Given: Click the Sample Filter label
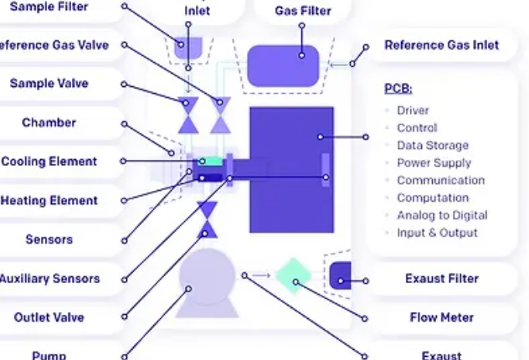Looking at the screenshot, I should [49, 6].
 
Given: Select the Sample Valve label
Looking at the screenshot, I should [49, 84].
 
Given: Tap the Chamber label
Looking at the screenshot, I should [49, 123].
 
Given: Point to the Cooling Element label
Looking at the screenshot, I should [49, 162].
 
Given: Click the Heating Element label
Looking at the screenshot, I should [49, 201].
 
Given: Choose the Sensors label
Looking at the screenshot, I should [49, 239].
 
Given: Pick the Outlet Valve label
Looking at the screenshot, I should [49, 317].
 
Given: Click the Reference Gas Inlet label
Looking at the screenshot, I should [441, 45].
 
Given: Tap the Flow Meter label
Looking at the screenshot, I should [441, 317].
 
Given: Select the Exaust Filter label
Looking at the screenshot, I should [441, 279].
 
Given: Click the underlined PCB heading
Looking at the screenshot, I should [398, 89].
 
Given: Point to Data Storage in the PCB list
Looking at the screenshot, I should [432, 146].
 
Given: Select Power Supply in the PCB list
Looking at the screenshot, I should [434, 163].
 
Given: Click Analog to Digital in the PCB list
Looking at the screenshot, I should [442, 215].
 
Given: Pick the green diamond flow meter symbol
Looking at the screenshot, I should [295, 276].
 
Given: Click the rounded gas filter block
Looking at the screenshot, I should [283, 65].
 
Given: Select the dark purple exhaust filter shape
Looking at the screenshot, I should [340, 275].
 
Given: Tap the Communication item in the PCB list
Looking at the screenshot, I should [440, 181].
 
